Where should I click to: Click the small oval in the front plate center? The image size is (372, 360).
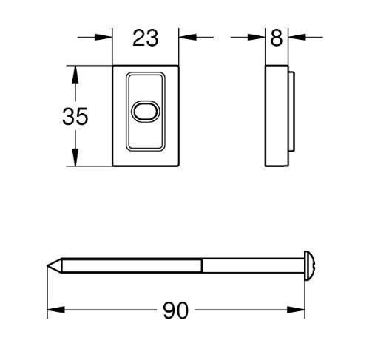[x=145, y=112]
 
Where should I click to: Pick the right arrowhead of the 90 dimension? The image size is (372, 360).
[x=298, y=310]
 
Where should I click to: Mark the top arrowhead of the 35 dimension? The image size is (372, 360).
[x=74, y=72]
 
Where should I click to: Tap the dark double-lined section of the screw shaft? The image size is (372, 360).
[x=133, y=265]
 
